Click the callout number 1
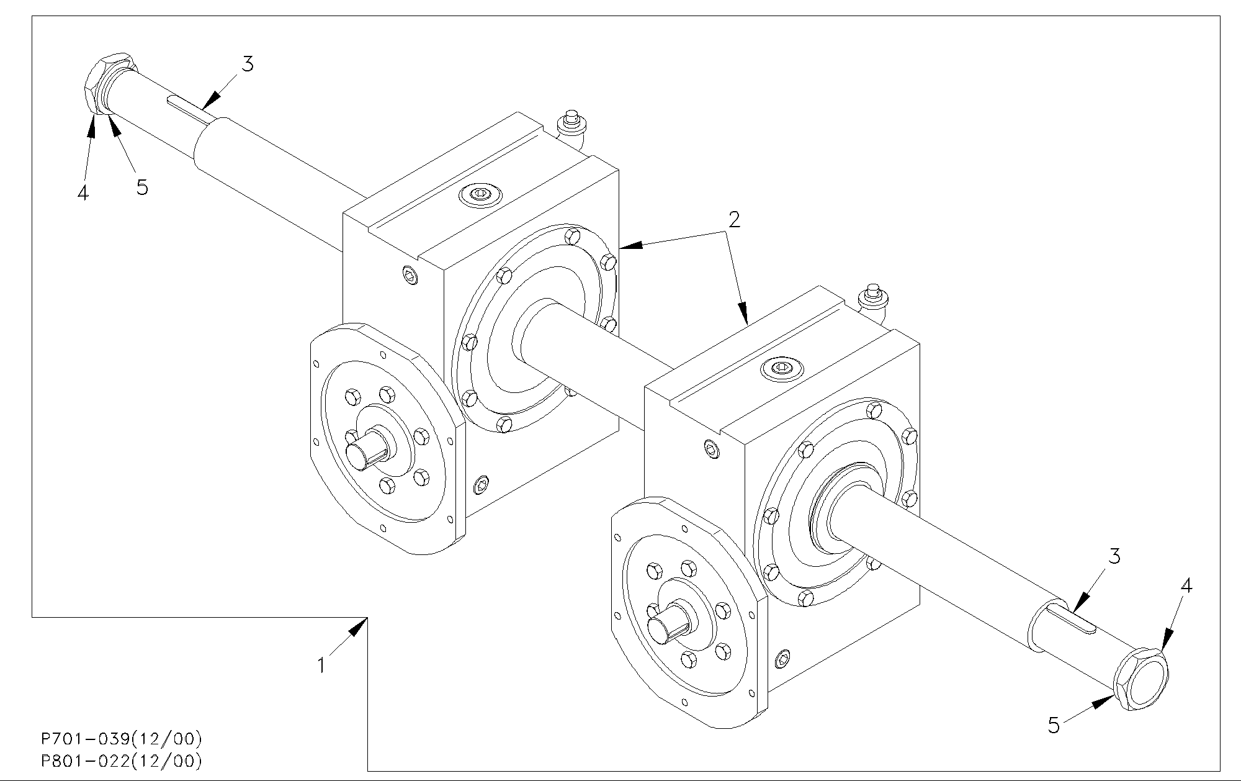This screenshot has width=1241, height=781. [x=321, y=666]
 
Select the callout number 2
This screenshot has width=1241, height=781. [x=734, y=220]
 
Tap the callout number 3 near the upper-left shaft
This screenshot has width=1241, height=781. [x=248, y=64]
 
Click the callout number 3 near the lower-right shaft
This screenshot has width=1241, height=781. [x=1114, y=557]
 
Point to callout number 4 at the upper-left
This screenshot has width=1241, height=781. [x=83, y=193]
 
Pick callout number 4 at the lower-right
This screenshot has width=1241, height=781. [x=1186, y=585]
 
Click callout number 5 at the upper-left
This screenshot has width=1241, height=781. [x=142, y=187]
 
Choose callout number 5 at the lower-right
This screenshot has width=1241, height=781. [x=1054, y=725]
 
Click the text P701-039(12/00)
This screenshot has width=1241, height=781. [x=122, y=739]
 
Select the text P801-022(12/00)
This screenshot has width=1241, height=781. [x=122, y=761]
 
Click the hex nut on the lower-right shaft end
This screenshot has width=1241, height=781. [x=1142, y=679]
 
